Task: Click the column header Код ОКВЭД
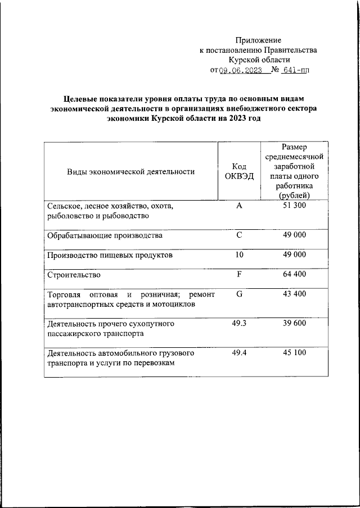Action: tap(239, 171)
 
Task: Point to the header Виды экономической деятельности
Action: tap(131, 171)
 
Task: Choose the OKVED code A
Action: tap(239, 206)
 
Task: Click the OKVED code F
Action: tap(239, 275)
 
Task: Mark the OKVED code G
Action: tap(239, 294)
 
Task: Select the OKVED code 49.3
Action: tap(239, 324)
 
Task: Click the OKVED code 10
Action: tap(239, 255)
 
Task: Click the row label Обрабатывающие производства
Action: tap(105, 235)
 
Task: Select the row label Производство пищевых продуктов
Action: tap(109, 255)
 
